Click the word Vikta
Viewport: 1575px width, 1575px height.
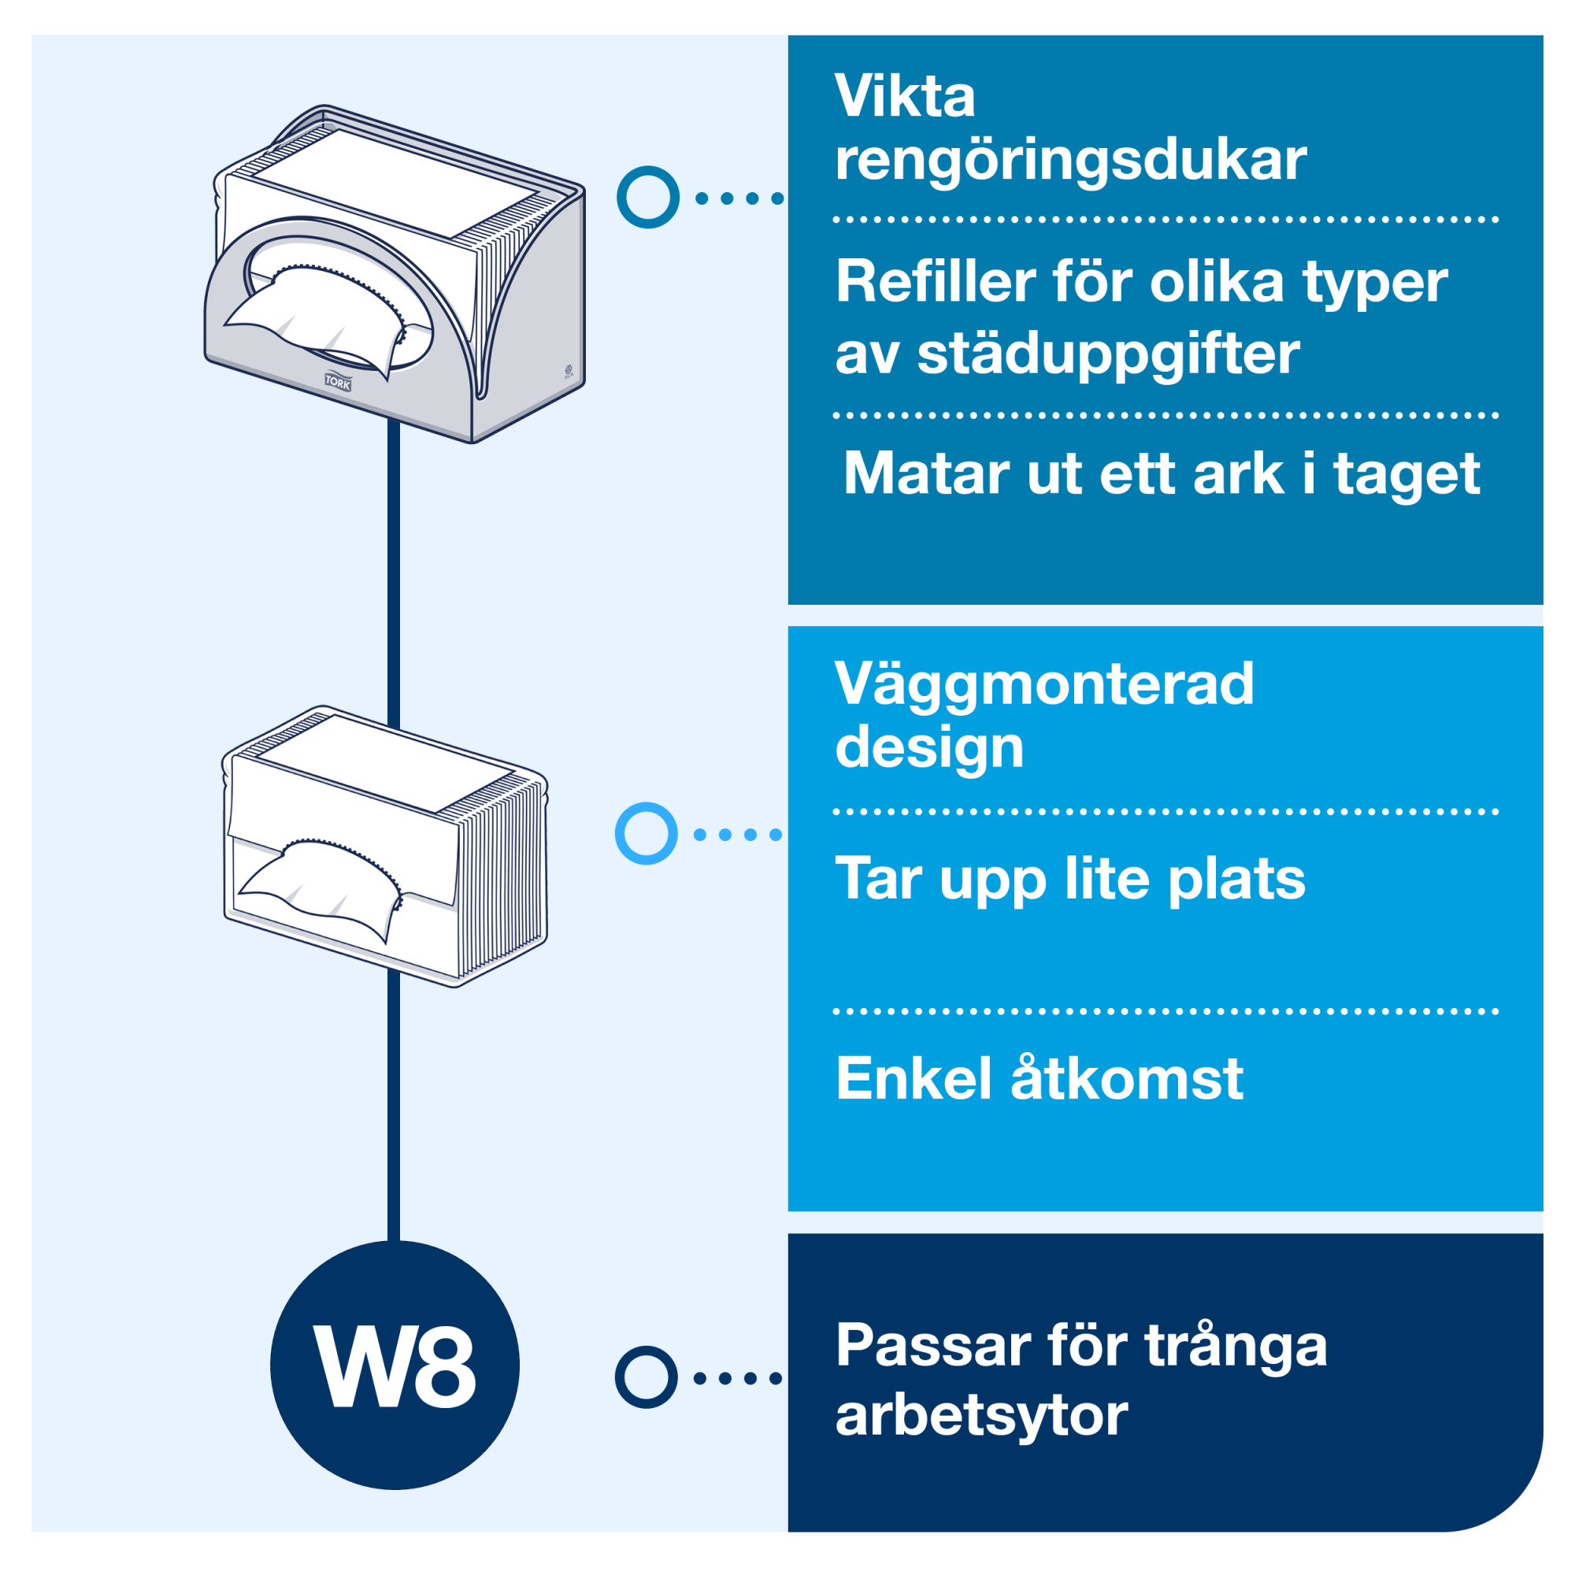[x=904, y=97]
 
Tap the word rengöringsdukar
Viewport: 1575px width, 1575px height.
[x=1070, y=161]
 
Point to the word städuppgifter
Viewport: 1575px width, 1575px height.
[x=1108, y=354]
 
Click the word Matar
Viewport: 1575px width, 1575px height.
[x=925, y=474]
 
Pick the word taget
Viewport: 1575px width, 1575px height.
[x=1406, y=474]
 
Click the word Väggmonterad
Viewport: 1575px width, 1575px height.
[x=1043, y=684]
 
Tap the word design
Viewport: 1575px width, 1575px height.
[x=929, y=747]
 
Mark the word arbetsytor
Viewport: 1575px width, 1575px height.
[x=981, y=1416]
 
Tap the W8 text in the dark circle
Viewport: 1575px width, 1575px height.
[x=395, y=1367]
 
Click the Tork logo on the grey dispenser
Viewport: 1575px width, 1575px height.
[x=338, y=381]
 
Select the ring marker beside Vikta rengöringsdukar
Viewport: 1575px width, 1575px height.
[x=648, y=198]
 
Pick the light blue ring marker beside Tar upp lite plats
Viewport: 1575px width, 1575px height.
[x=647, y=834]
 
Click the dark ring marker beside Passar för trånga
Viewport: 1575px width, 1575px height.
[x=647, y=1377]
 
